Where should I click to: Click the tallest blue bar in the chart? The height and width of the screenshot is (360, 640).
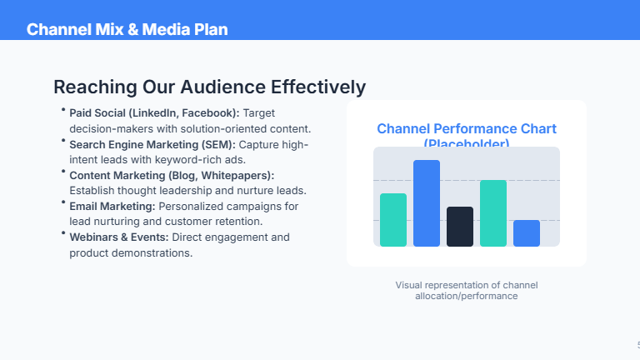click(426, 203)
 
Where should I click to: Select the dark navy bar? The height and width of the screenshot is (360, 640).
click(459, 227)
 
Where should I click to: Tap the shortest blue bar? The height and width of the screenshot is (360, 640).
click(526, 233)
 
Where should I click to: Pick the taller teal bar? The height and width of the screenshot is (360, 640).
click(492, 213)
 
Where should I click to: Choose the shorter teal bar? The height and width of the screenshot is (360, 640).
click(392, 220)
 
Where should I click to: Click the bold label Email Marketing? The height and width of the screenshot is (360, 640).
click(112, 206)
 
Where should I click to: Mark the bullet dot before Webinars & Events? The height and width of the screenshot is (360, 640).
click(63, 234)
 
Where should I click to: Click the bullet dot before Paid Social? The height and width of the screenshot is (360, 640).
click(63, 110)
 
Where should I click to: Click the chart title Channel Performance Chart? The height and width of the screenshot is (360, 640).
click(466, 128)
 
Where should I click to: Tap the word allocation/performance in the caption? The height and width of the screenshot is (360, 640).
click(466, 296)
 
